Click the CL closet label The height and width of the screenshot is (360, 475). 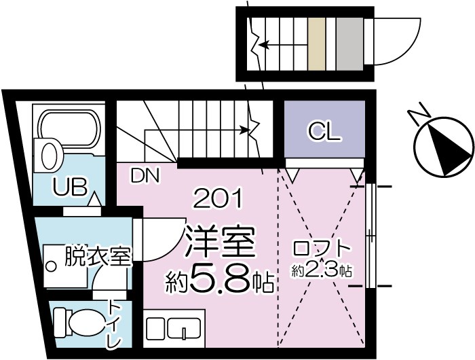pyautogui.click(x=324, y=131)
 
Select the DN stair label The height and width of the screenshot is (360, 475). pyautogui.click(x=145, y=176)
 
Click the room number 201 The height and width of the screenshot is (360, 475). pyautogui.click(x=218, y=199)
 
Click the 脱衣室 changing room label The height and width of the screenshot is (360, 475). pyautogui.click(x=97, y=257)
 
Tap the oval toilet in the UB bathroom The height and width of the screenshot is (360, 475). pyautogui.click(x=48, y=156)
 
